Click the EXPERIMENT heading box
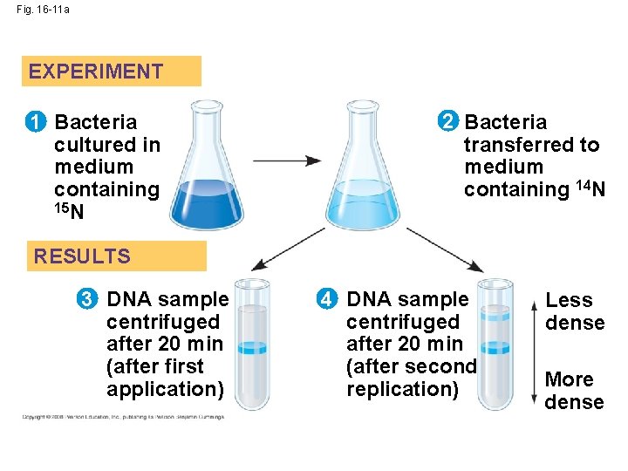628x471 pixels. click(x=112, y=72)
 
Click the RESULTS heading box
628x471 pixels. click(x=116, y=256)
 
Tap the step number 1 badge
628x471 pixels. click(x=37, y=122)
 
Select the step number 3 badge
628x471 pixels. click(x=88, y=299)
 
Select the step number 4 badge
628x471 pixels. click(x=326, y=299)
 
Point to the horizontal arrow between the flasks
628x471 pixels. click(x=287, y=161)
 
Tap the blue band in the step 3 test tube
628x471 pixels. click(x=253, y=348)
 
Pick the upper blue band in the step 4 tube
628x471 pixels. click(x=495, y=317)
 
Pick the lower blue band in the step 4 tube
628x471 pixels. click(x=495, y=348)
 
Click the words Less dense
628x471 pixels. click(x=574, y=311)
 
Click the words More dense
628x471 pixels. click(x=574, y=391)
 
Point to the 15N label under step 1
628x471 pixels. click(x=68, y=211)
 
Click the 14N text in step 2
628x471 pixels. click(x=588, y=188)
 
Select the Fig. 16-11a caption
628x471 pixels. click(x=44, y=9)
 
